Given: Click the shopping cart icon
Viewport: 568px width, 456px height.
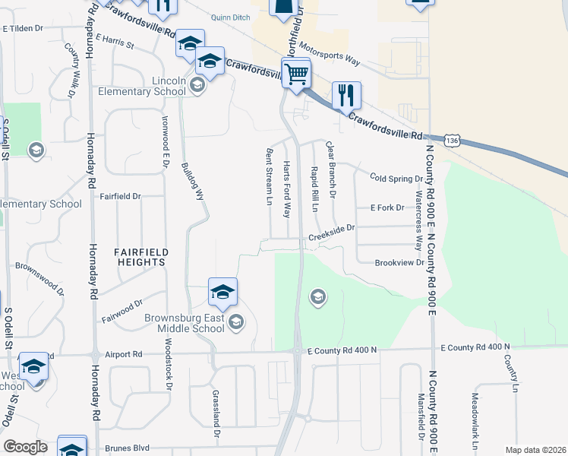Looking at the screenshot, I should [x=296, y=74].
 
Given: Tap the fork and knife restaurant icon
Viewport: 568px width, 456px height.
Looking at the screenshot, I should [x=346, y=95].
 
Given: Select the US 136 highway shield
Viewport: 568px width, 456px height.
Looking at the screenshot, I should [x=453, y=141].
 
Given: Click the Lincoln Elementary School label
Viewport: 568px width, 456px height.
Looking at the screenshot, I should [x=142, y=87].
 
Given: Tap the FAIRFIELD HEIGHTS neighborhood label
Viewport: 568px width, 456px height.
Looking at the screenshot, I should [x=140, y=256].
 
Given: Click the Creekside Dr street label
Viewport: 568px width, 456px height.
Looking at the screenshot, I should [x=331, y=239].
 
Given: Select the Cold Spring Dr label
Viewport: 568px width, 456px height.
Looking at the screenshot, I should [x=396, y=178].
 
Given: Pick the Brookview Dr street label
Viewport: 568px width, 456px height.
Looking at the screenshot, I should [x=399, y=262].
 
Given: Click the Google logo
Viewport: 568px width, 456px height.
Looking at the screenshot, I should [x=24, y=447].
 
